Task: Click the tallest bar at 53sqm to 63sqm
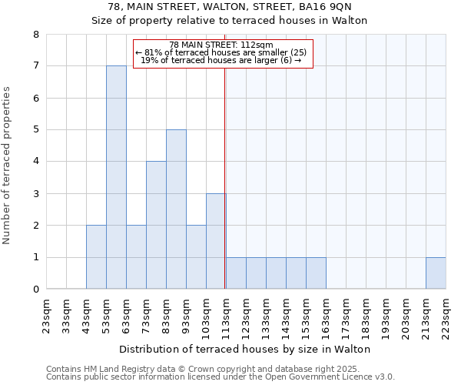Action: (x=116, y=177)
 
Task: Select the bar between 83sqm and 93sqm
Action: (x=176, y=209)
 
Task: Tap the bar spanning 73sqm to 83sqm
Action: (x=156, y=225)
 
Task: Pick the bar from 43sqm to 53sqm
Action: (x=96, y=257)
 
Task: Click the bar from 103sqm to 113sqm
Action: (x=216, y=241)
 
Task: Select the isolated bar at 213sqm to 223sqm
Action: (x=436, y=273)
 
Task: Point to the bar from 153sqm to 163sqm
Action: (x=316, y=273)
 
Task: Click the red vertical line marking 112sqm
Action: (x=225, y=154)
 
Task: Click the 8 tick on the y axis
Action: (x=35, y=35)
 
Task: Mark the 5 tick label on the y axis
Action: (x=35, y=130)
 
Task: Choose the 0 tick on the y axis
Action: (x=35, y=290)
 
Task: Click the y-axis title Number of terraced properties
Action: (x=8, y=165)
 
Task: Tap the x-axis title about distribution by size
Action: (x=246, y=349)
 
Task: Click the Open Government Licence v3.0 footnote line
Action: (x=220, y=377)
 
